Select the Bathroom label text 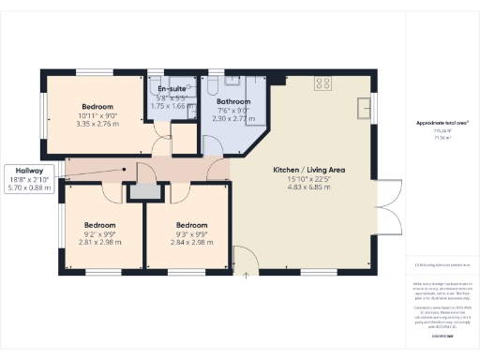[x=232, y=101]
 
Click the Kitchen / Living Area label [x=309, y=170]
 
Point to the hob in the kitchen [x=322, y=82]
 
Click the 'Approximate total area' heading [x=441, y=123]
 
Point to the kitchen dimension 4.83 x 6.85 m [x=309, y=187]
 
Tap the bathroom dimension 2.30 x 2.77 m [x=232, y=119]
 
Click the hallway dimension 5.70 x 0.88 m [x=29, y=186]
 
